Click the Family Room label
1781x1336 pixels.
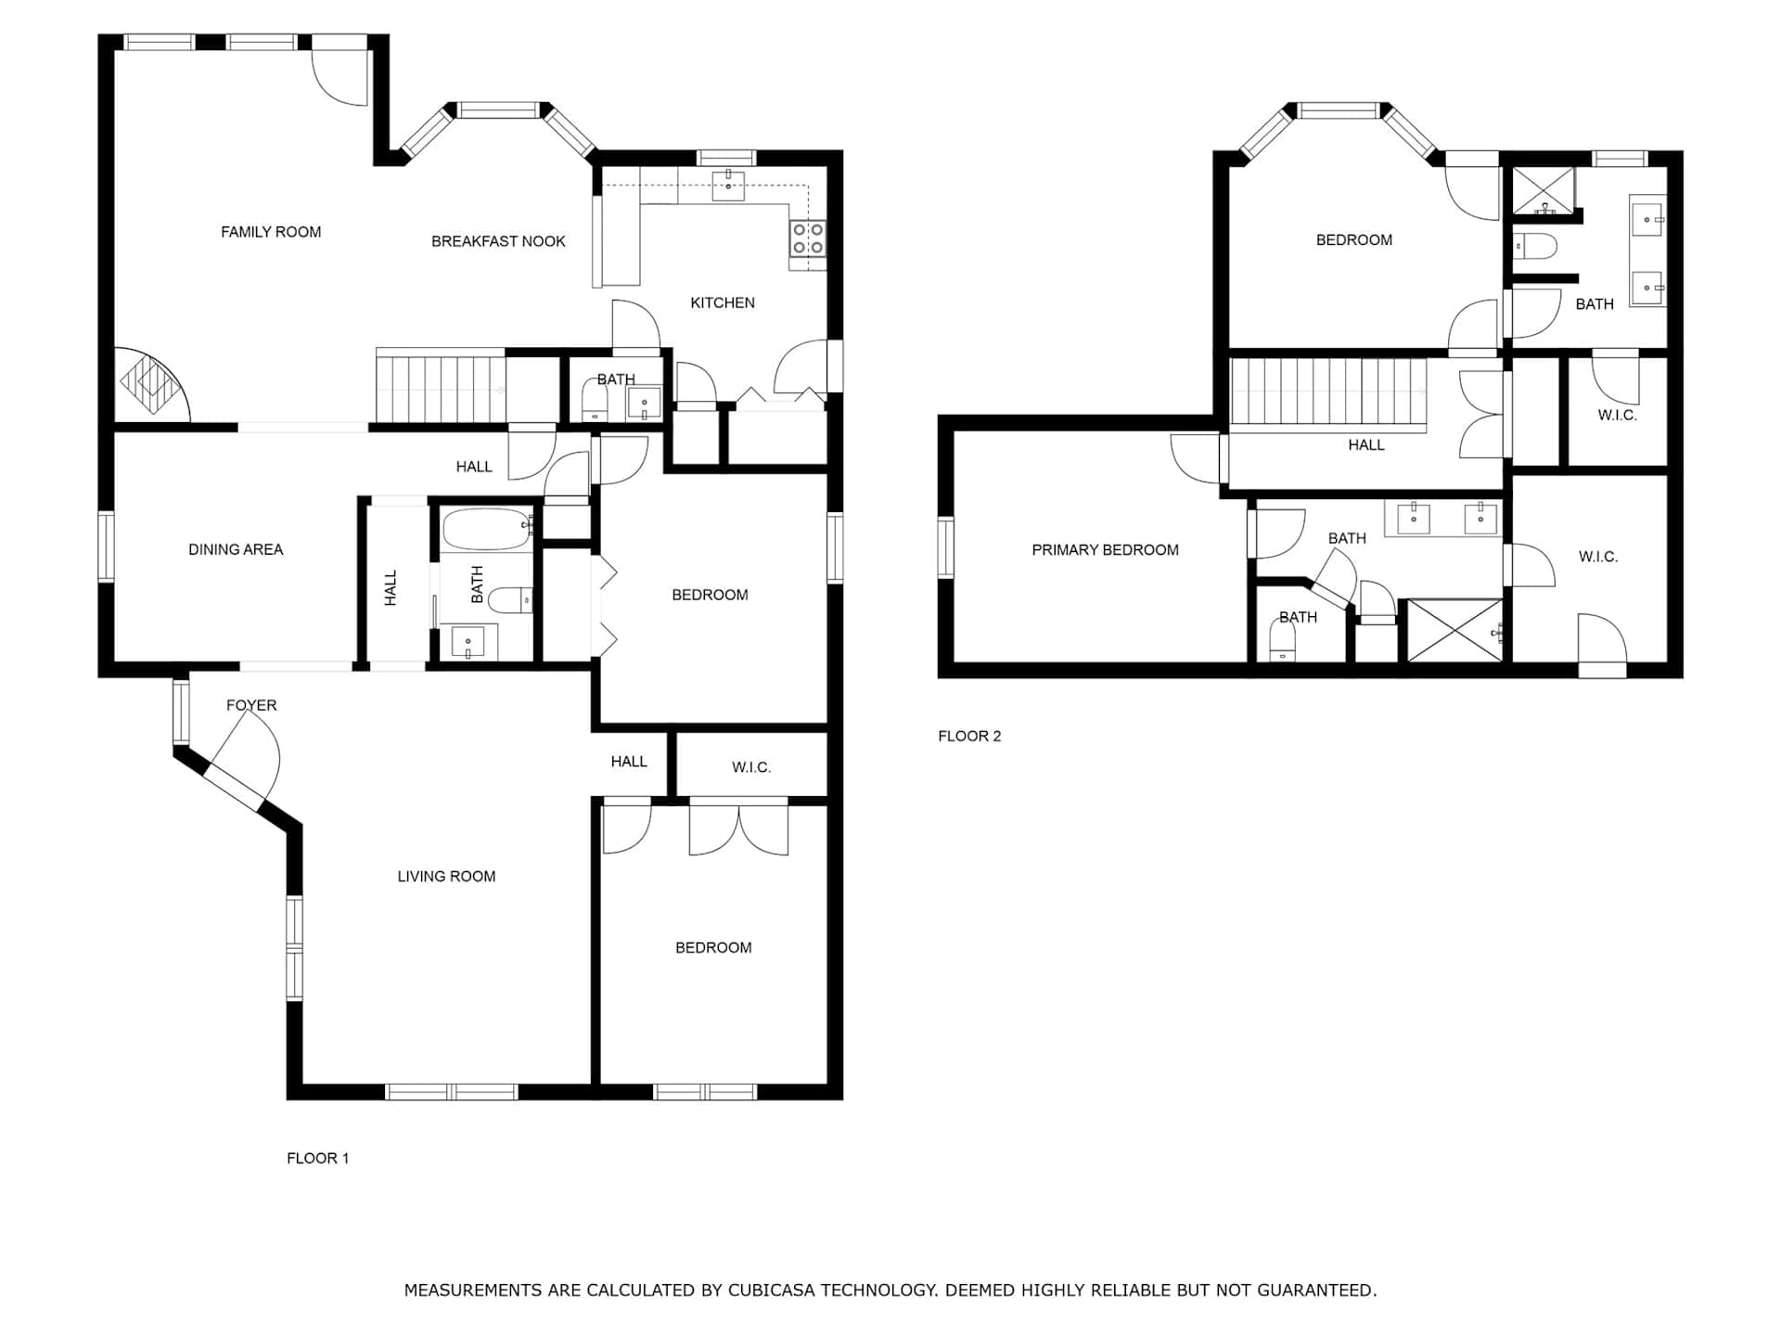click(271, 232)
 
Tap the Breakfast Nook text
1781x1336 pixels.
click(498, 241)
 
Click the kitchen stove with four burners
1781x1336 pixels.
click(807, 238)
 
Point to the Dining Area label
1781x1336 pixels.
click(236, 549)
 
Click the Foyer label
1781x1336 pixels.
click(251, 705)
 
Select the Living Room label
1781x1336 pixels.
click(446, 876)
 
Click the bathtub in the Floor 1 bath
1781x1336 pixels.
click(485, 529)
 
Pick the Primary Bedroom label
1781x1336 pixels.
click(1105, 550)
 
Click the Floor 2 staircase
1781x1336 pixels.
click(1328, 393)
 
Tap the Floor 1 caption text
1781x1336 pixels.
click(317, 1158)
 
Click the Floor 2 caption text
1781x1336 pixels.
click(969, 736)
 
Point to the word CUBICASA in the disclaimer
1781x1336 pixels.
click(771, 1290)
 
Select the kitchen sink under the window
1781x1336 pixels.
click(728, 186)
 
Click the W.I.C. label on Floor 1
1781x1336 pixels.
click(751, 767)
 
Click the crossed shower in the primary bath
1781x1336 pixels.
click(1454, 631)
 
